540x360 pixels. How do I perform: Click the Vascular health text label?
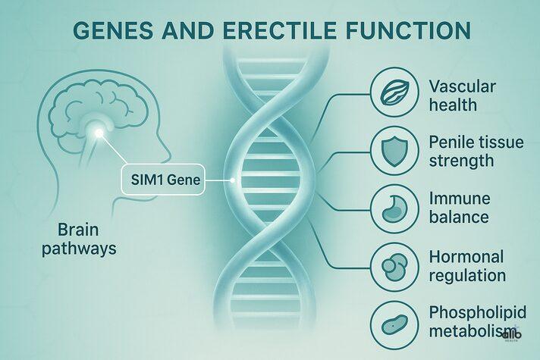462,95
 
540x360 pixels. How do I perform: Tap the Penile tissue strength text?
472,151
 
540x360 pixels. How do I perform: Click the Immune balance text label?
459,208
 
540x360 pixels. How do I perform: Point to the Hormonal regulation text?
466,265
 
